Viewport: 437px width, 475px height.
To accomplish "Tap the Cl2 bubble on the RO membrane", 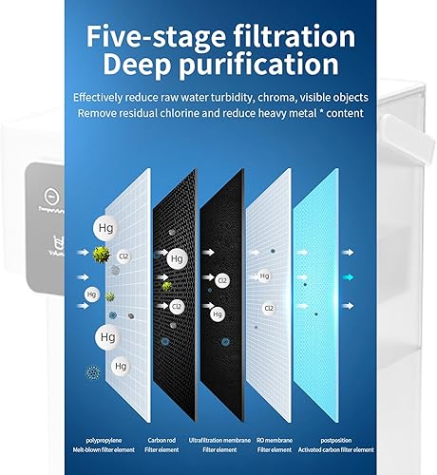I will point(269,308).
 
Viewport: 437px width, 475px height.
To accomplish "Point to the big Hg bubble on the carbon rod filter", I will point(176,258).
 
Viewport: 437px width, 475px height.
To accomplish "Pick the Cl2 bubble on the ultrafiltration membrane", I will point(221,280).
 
